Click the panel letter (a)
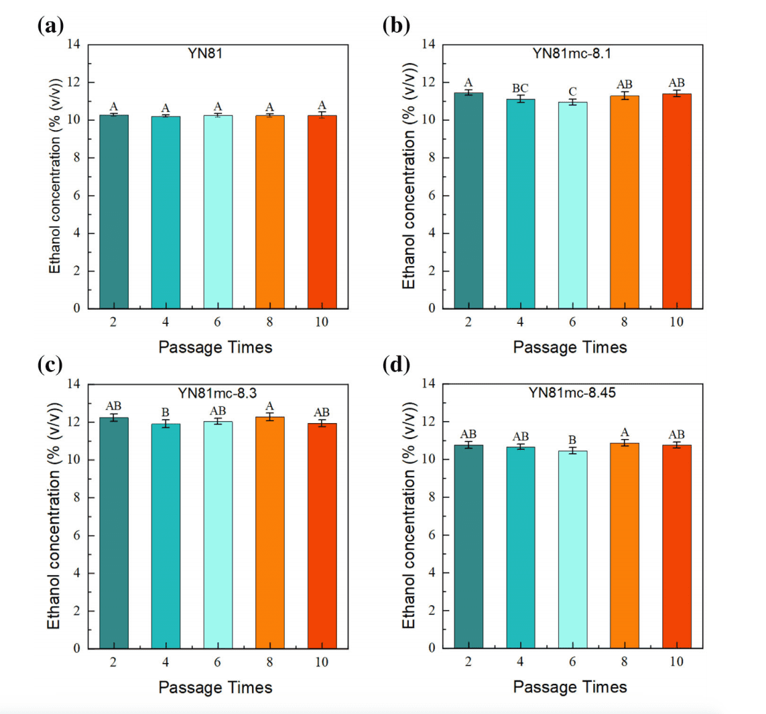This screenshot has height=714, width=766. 51,26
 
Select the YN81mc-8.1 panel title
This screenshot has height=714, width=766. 572,54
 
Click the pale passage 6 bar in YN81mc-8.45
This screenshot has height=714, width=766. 572,550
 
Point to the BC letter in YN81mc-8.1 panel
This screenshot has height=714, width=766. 520,88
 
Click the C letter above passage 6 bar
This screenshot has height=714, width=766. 572,92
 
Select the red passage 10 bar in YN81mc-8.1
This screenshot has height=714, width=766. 676,201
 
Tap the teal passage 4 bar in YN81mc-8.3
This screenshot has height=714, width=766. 166,536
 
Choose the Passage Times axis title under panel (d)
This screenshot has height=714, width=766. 570,687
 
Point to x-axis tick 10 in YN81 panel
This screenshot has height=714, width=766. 322,322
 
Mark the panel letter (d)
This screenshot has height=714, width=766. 395,366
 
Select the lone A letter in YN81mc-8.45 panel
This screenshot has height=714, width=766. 625,432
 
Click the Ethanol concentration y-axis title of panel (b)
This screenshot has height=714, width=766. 409,176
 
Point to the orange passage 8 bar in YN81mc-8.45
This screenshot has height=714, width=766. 624,546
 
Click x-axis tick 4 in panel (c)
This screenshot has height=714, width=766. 166,662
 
